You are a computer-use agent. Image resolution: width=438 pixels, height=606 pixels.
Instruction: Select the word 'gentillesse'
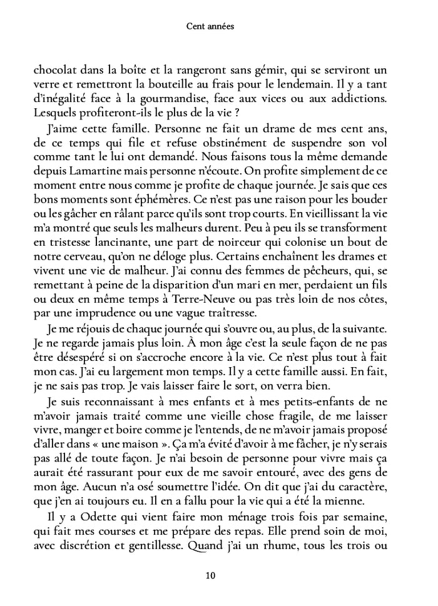pos(163,540)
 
